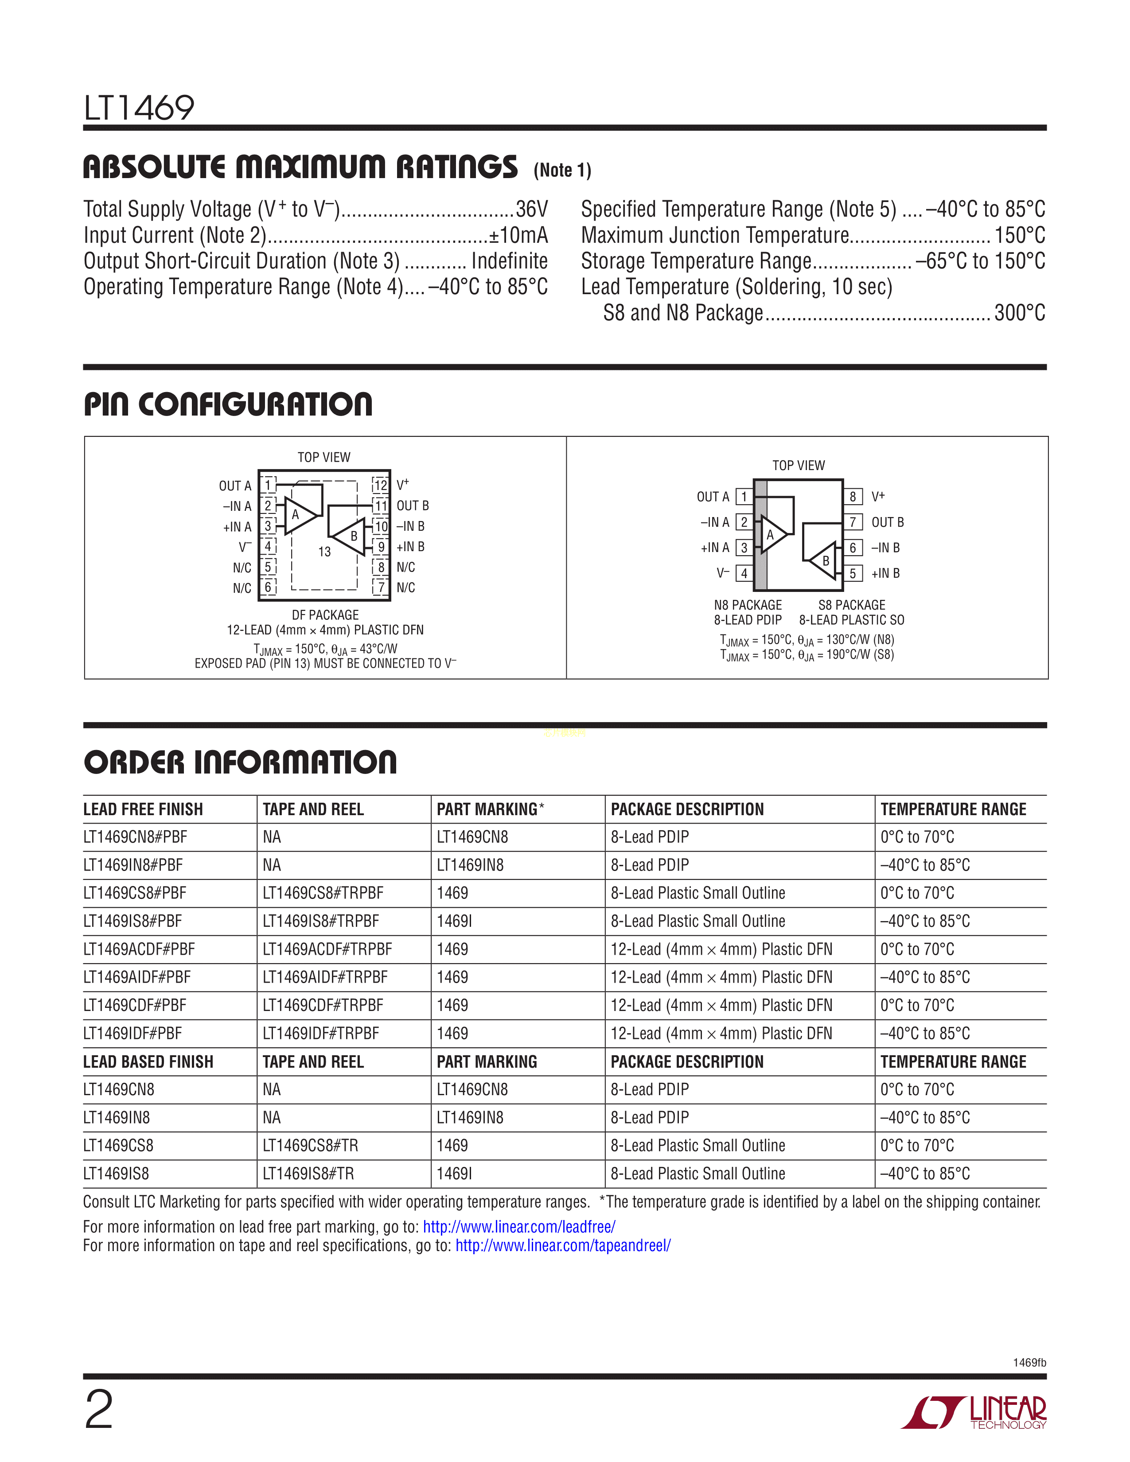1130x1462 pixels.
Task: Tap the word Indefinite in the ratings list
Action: tap(510, 261)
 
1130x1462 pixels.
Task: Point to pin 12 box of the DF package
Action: tap(380, 485)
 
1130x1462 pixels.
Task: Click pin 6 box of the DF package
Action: tap(268, 587)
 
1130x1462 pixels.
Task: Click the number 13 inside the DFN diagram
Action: tap(325, 552)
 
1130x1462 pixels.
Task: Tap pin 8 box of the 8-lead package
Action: tap(852, 497)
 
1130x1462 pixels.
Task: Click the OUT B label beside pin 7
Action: tap(887, 522)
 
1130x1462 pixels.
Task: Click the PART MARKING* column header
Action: tap(490, 809)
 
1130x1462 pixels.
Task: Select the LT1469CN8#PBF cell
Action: tap(135, 837)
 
